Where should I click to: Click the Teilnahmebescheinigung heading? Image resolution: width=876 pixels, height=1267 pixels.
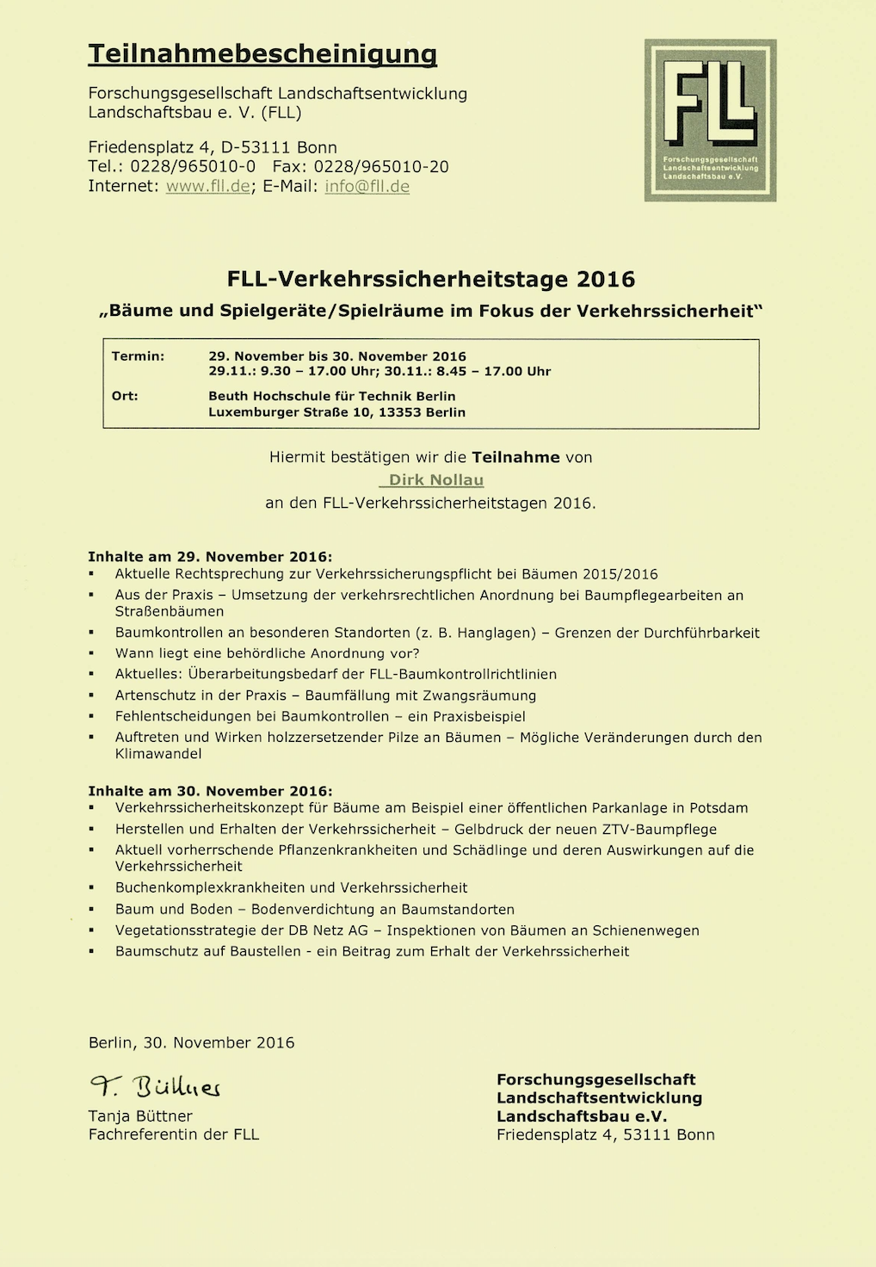(262, 54)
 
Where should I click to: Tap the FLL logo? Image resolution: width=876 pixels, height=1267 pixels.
(710, 121)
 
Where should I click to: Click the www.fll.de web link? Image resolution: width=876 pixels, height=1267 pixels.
(207, 187)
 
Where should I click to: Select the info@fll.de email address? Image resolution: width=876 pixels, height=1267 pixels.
(367, 187)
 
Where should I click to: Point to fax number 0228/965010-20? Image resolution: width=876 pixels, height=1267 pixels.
(381, 167)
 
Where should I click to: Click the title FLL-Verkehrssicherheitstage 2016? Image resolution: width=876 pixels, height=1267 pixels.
(431, 279)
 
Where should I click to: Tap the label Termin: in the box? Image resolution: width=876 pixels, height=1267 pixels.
(138, 356)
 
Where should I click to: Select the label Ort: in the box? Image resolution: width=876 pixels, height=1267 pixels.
(125, 396)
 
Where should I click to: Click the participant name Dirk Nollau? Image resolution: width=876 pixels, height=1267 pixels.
(436, 480)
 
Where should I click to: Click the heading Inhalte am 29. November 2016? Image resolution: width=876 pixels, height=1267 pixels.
(210, 557)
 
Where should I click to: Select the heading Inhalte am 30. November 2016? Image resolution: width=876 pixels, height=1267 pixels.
(210, 791)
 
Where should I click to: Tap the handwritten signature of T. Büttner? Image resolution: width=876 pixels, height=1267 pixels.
(156, 1087)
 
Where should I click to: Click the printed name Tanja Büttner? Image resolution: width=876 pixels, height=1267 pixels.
(140, 1116)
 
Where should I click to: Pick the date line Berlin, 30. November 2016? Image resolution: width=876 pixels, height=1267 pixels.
(191, 1042)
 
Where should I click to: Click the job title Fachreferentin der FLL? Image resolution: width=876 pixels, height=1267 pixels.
(174, 1134)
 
